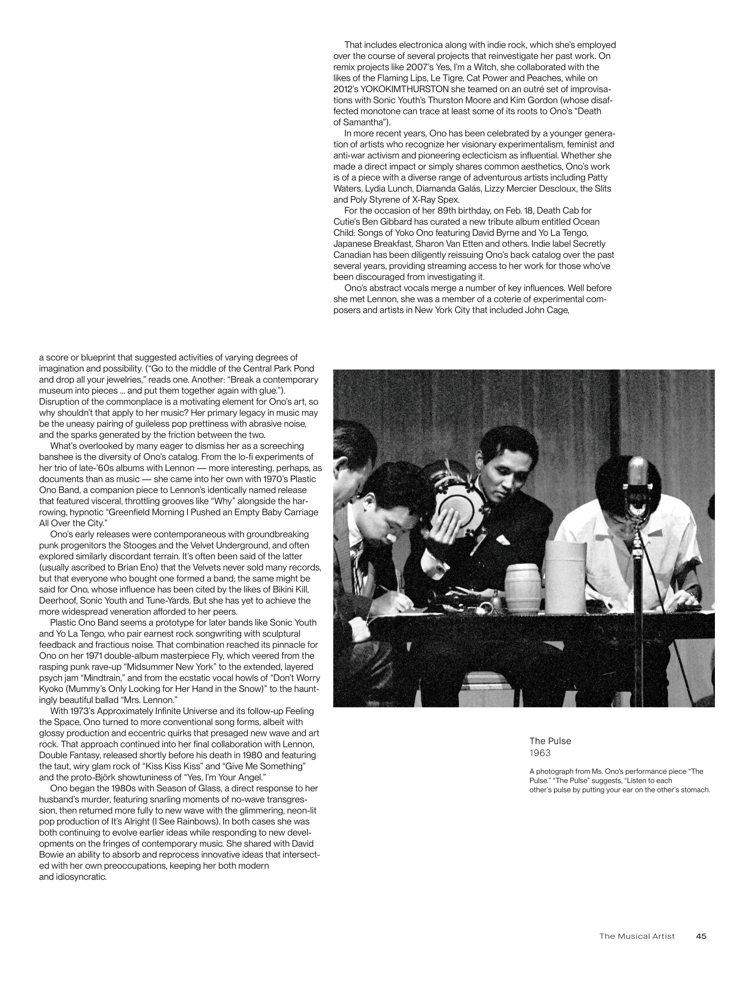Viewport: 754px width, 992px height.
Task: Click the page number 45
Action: point(701,936)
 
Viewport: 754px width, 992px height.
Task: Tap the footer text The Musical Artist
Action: point(636,936)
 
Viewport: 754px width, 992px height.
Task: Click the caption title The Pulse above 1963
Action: point(550,741)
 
